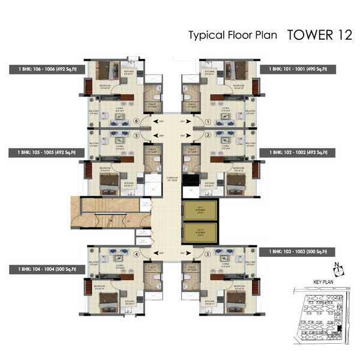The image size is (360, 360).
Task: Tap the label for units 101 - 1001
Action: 298,70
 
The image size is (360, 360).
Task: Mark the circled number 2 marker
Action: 208,136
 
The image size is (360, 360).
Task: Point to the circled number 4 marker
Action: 137,254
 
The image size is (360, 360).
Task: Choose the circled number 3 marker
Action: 208,254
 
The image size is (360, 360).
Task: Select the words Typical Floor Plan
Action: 233,35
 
